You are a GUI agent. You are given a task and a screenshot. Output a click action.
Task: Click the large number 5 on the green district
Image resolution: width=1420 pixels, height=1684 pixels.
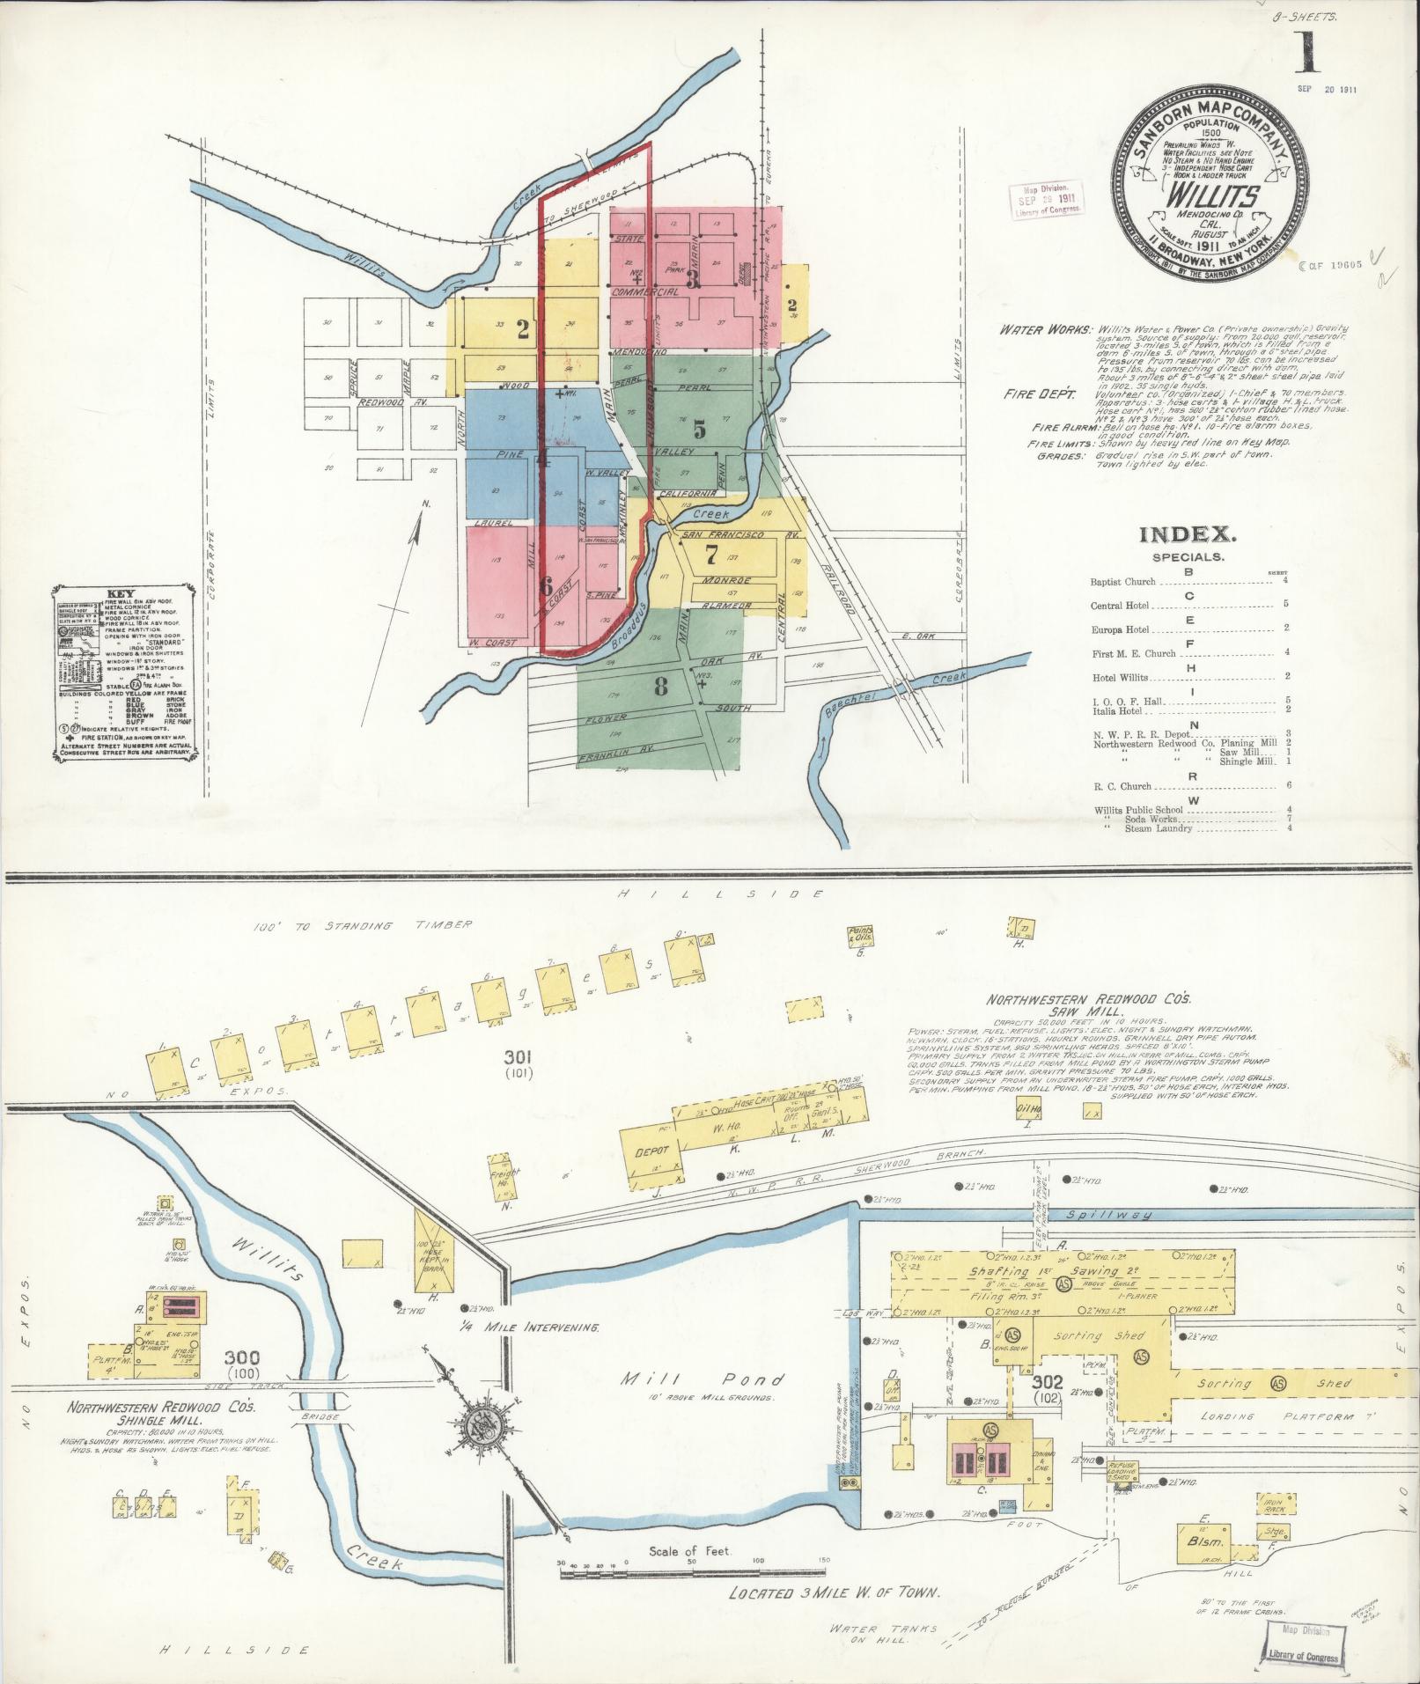(x=699, y=429)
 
